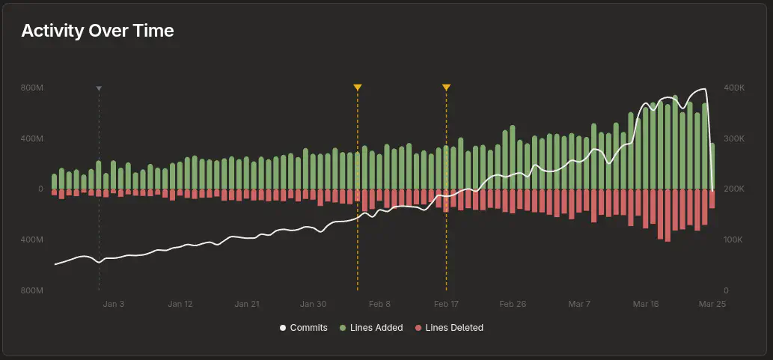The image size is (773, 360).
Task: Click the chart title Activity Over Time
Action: [97, 31]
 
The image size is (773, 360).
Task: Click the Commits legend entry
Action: [304, 328]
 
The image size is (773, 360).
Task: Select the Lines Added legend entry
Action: [371, 328]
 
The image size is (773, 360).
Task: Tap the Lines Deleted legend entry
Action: [449, 328]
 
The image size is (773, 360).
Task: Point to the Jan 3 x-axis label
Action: [114, 305]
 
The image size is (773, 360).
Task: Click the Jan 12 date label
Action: [180, 305]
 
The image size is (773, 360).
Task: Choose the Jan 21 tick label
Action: [247, 305]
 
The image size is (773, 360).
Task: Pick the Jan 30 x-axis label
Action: [314, 305]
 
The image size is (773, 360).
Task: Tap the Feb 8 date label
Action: [380, 305]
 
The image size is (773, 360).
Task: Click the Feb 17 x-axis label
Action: [446, 305]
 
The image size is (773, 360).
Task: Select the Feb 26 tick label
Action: [513, 305]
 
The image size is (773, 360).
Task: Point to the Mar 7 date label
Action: [579, 305]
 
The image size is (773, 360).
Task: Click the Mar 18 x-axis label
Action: [646, 305]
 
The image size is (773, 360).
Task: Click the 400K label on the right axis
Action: [735, 88]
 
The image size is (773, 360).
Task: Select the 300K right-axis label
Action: [735, 139]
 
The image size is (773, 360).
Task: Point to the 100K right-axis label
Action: [735, 240]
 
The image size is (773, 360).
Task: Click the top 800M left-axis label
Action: [32, 88]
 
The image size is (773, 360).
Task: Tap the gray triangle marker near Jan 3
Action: [99, 88]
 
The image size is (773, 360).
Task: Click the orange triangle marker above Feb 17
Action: [446, 88]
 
